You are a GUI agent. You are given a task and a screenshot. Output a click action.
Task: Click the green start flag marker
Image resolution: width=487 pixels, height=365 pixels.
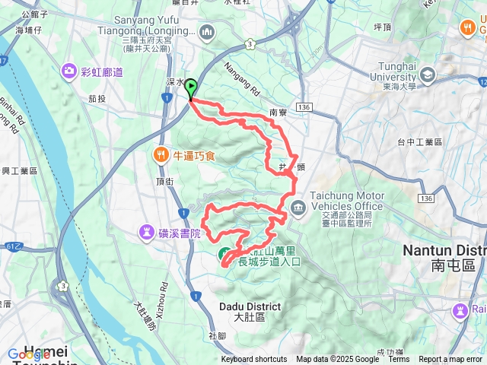[x=189, y=89]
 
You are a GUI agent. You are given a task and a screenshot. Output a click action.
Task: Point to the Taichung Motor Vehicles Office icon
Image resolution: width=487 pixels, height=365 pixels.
[x=297, y=206]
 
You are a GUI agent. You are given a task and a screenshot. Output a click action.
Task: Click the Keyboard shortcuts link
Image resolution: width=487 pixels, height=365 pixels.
[x=254, y=360]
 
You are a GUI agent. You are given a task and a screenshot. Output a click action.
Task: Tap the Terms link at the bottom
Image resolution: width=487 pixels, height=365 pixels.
[x=399, y=360]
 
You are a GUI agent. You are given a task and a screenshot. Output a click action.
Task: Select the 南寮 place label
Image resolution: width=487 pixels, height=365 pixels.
[x=279, y=113]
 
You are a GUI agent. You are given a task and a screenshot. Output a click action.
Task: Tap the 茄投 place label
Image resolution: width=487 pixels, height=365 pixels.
[x=97, y=99]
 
